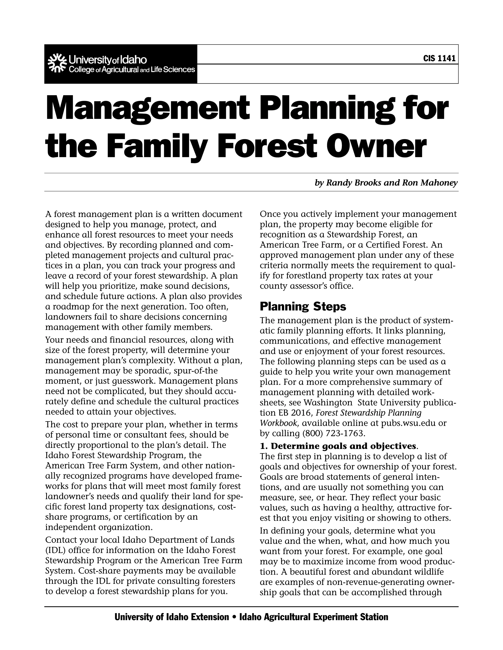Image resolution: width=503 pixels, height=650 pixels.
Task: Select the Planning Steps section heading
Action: tap(303, 306)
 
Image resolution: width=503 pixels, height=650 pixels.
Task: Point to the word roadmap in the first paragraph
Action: tap(71, 306)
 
